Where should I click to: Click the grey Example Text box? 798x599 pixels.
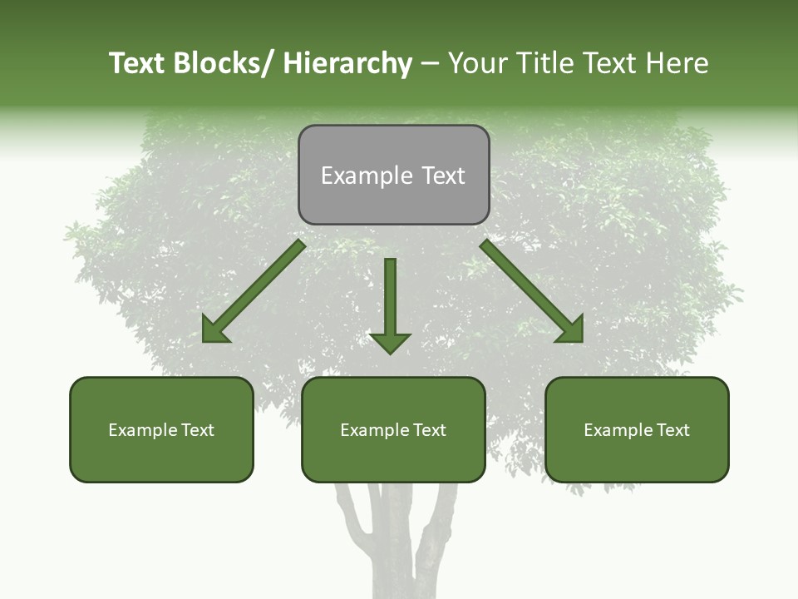(x=393, y=175)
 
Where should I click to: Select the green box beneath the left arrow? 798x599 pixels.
(x=161, y=429)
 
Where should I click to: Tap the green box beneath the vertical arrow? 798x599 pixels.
(x=393, y=429)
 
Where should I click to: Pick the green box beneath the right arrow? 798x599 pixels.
(x=637, y=429)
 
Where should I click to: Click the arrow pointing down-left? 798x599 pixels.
(x=254, y=292)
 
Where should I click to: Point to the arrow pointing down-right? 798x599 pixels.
(x=532, y=292)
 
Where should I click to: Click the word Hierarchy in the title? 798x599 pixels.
(x=347, y=63)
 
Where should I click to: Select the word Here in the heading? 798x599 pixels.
(x=680, y=63)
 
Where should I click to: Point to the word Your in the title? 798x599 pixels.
(x=476, y=63)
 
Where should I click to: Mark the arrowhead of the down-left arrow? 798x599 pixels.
(x=214, y=330)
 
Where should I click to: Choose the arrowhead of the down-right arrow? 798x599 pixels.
(x=571, y=330)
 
